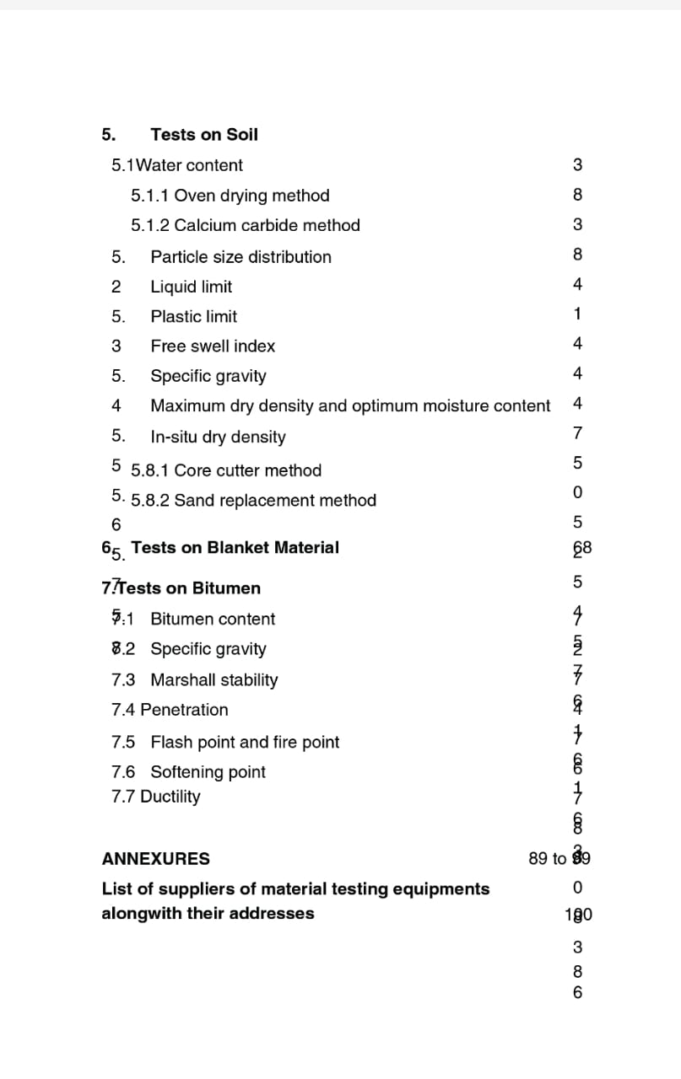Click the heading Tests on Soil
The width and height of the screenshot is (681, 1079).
[204, 135]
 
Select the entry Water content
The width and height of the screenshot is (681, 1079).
[194, 165]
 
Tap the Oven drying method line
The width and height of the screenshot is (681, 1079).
[230, 196]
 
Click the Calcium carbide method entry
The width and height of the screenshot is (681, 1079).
[246, 225]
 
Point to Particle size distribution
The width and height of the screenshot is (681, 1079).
[241, 257]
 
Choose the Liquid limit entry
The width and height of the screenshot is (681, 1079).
[191, 287]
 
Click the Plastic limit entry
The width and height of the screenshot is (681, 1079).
[193, 317]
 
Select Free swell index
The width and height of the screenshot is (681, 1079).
[213, 346]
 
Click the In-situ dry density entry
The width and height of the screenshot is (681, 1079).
[218, 437]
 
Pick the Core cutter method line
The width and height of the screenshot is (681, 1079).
[226, 470]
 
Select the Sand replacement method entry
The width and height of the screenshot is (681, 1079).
[254, 501]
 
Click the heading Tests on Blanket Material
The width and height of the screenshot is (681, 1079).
[235, 548]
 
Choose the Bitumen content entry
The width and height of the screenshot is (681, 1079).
[213, 619]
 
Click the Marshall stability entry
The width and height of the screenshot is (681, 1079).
[213, 679]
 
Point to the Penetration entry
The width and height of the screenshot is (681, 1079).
[184, 710]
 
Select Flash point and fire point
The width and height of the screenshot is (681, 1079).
[245, 743]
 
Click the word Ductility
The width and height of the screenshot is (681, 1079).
[170, 797]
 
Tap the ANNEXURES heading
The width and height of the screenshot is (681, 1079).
[156, 859]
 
